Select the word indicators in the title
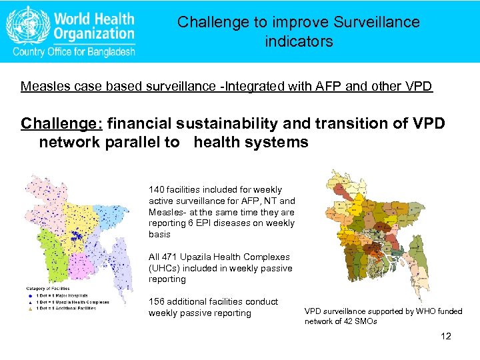click(298, 42)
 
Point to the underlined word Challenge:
click(61, 124)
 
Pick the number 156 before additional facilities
click(157, 301)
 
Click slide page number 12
click(446, 336)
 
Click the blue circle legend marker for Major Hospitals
click(29, 295)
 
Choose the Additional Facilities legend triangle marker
click(29, 308)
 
